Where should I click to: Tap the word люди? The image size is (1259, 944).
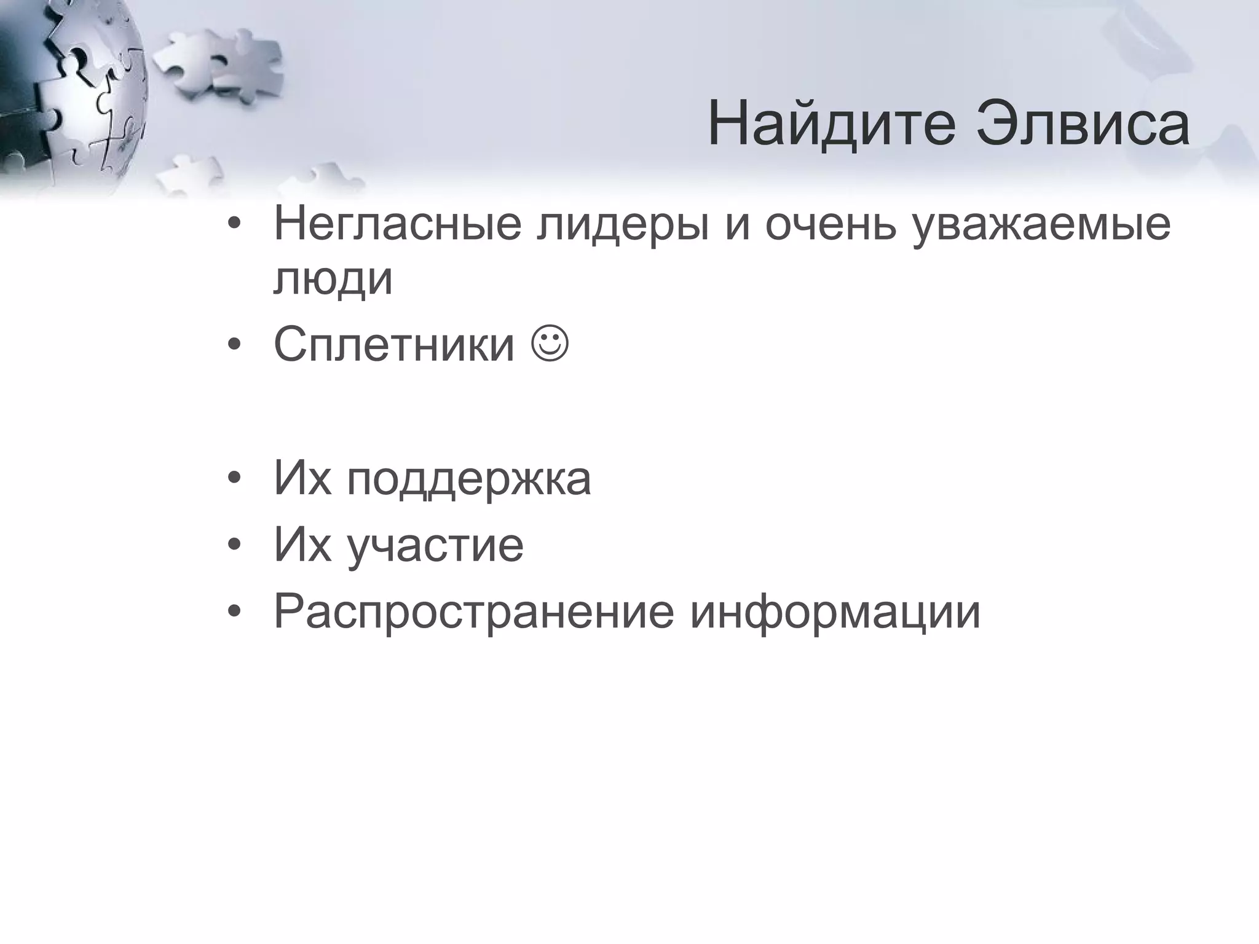333,280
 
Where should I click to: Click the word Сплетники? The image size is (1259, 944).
394,345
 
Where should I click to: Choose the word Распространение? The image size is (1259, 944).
474,613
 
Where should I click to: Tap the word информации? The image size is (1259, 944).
835,613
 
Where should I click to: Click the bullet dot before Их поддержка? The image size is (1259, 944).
234,480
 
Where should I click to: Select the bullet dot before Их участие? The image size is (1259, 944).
234,546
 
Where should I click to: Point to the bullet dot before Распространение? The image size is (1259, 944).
234,612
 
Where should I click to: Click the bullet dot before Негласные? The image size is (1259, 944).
234,225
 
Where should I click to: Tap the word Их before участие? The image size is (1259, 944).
302,545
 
